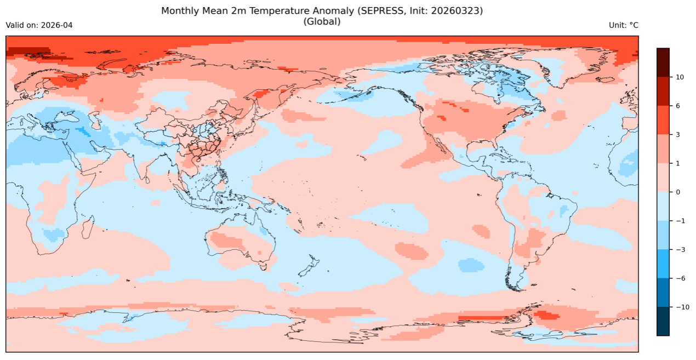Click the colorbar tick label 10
pos(680,77)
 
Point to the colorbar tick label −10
pos(682,307)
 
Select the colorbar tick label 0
pos(678,192)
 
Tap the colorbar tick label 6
pos(678,106)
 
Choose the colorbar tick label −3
pos(681,249)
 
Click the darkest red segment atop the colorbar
pos(663,62)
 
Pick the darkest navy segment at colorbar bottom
pos(663,321)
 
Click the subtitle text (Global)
pos(322,22)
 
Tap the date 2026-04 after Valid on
pos(57,25)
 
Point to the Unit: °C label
pos(623,25)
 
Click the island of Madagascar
pos(87,227)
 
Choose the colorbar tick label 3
pos(678,134)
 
